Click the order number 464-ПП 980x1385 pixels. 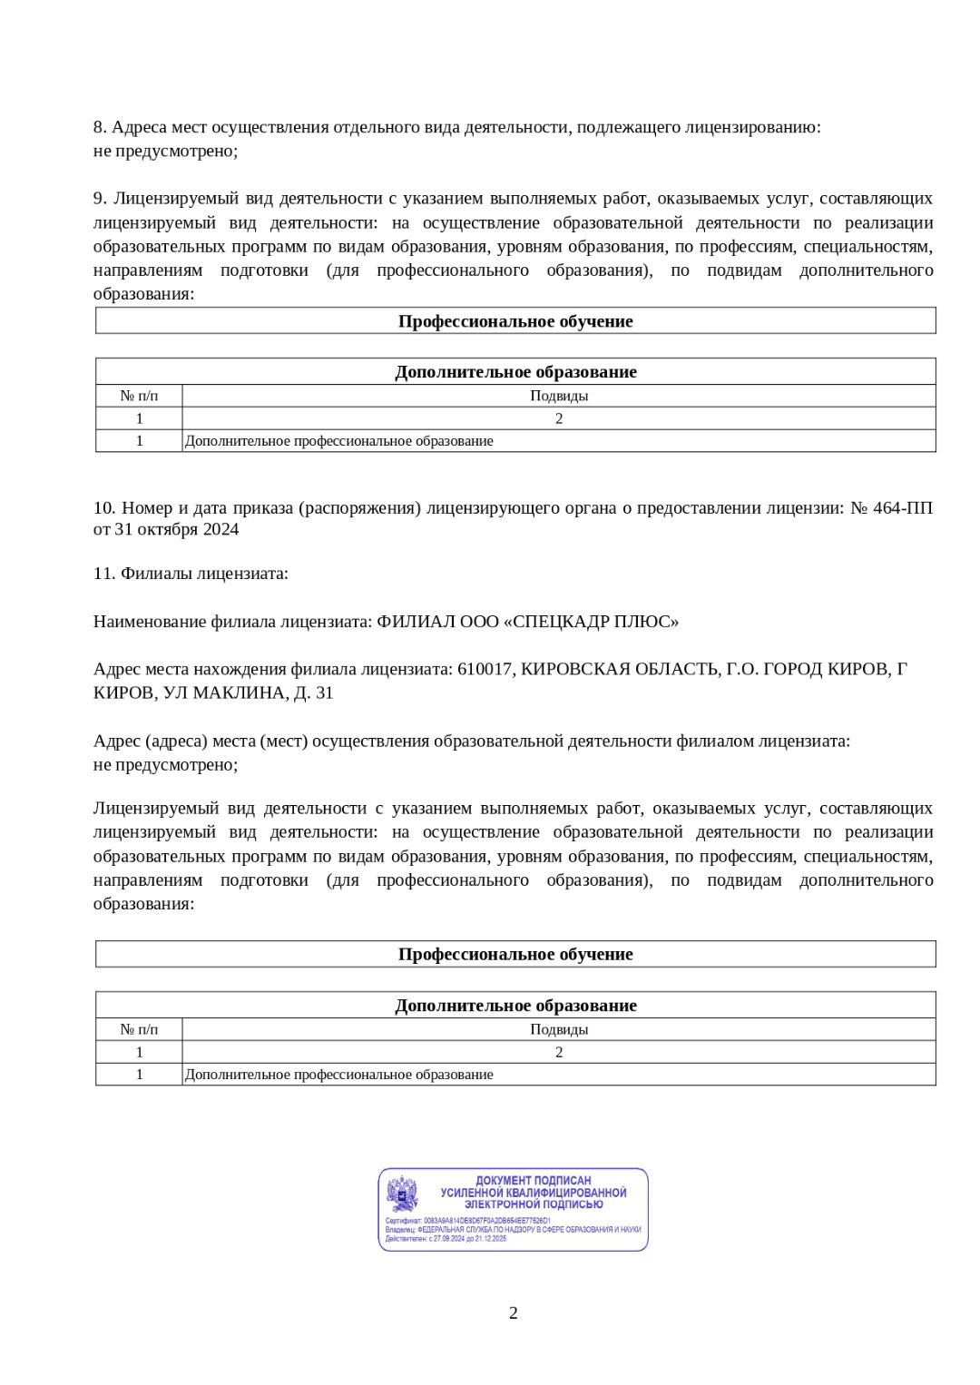tap(903, 507)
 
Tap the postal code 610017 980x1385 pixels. tap(485, 669)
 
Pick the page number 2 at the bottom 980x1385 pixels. tap(514, 1312)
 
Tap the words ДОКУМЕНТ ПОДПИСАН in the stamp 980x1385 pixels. tap(533, 1181)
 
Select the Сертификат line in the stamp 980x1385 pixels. tap(467, 1221)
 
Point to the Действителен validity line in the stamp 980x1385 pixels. tap(446, 1239)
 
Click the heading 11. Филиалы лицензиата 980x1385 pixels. tap(191, 574)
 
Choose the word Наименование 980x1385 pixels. tap(150, 622)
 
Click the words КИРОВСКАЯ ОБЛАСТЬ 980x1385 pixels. tap(618, 669)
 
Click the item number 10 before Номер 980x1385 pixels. tap(103, 507)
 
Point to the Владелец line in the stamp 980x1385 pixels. tap(513, 1230)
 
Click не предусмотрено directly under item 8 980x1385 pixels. tap(165, 151)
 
